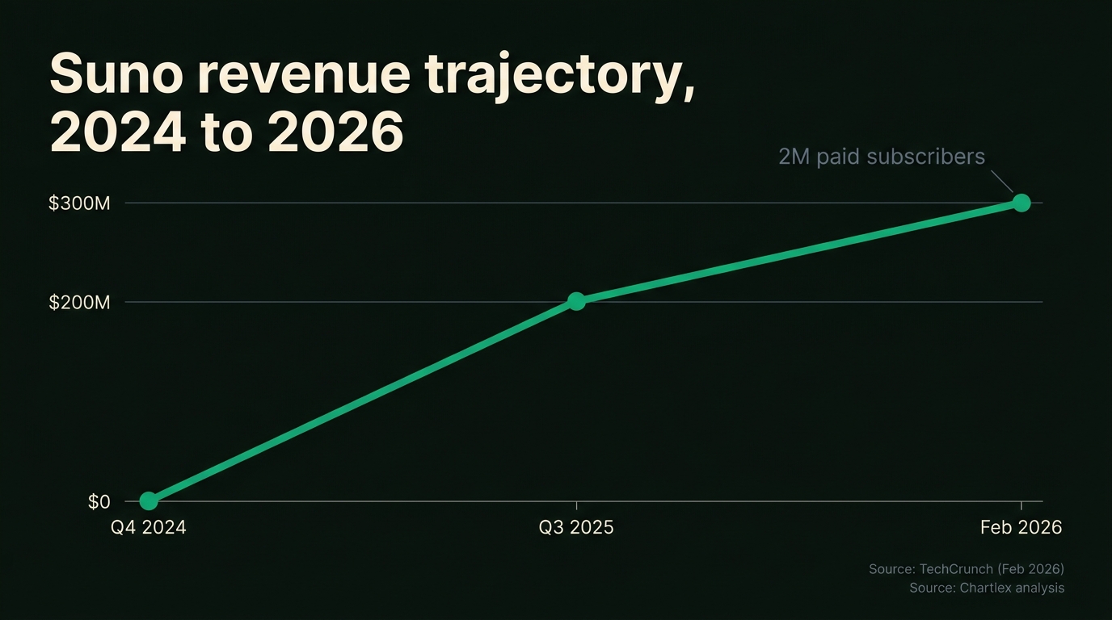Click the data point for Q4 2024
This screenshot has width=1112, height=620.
[x=149, y=501]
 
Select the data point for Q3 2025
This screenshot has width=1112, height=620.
[x=576, y=301]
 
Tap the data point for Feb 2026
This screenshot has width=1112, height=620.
[x=1021, y=203]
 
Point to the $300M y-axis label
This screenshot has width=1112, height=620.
[x=79, y=203]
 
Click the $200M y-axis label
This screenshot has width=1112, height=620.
[x=79, y=303]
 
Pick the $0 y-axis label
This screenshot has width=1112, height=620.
[x=99, y=502]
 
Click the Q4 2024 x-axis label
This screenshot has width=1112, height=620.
[x=149, y=528]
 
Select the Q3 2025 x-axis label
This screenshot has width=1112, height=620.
[x=576, y=528]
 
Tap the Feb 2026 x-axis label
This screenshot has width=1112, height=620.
[x=1021, y=528]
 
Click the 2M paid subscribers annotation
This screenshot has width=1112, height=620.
[x=882, y=157]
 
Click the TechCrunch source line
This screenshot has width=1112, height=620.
[x=967, y=569]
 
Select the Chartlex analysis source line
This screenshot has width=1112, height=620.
[x=987, y=588]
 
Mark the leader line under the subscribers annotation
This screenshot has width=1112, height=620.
[x=1002, y=181]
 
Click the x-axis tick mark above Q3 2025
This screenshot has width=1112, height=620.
[x=576, y=506]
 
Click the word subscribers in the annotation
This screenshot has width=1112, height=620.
[x=926, y=157]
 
